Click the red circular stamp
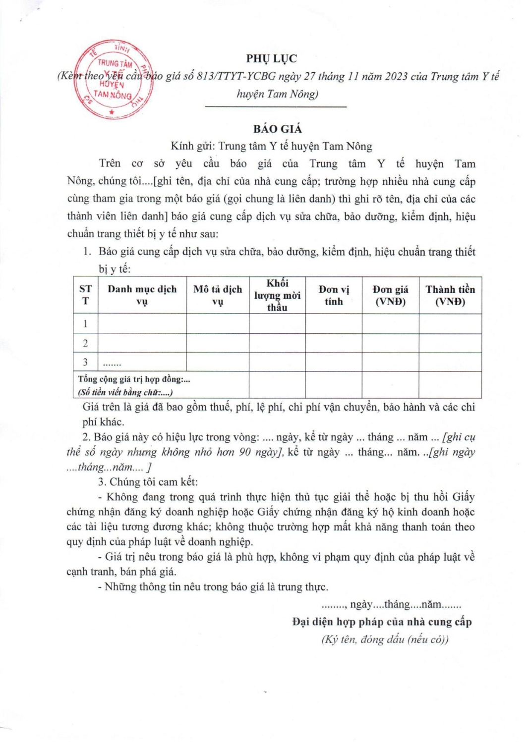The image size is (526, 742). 113,79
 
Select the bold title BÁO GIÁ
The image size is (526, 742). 277,129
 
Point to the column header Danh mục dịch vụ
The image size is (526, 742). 142,295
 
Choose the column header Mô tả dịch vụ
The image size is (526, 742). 218,295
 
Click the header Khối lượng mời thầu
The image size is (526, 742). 277,295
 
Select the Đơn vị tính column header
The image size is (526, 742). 334,295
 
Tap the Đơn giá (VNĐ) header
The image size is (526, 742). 390,295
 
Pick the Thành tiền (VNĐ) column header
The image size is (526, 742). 450,295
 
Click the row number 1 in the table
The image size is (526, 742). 85,324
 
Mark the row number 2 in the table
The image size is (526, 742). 85,343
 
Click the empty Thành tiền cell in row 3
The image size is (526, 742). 450,362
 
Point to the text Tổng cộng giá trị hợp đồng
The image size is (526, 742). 134,379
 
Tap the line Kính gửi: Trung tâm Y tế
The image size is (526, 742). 271,146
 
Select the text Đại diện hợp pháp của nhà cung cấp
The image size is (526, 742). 382,622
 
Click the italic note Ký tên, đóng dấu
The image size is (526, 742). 385,639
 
